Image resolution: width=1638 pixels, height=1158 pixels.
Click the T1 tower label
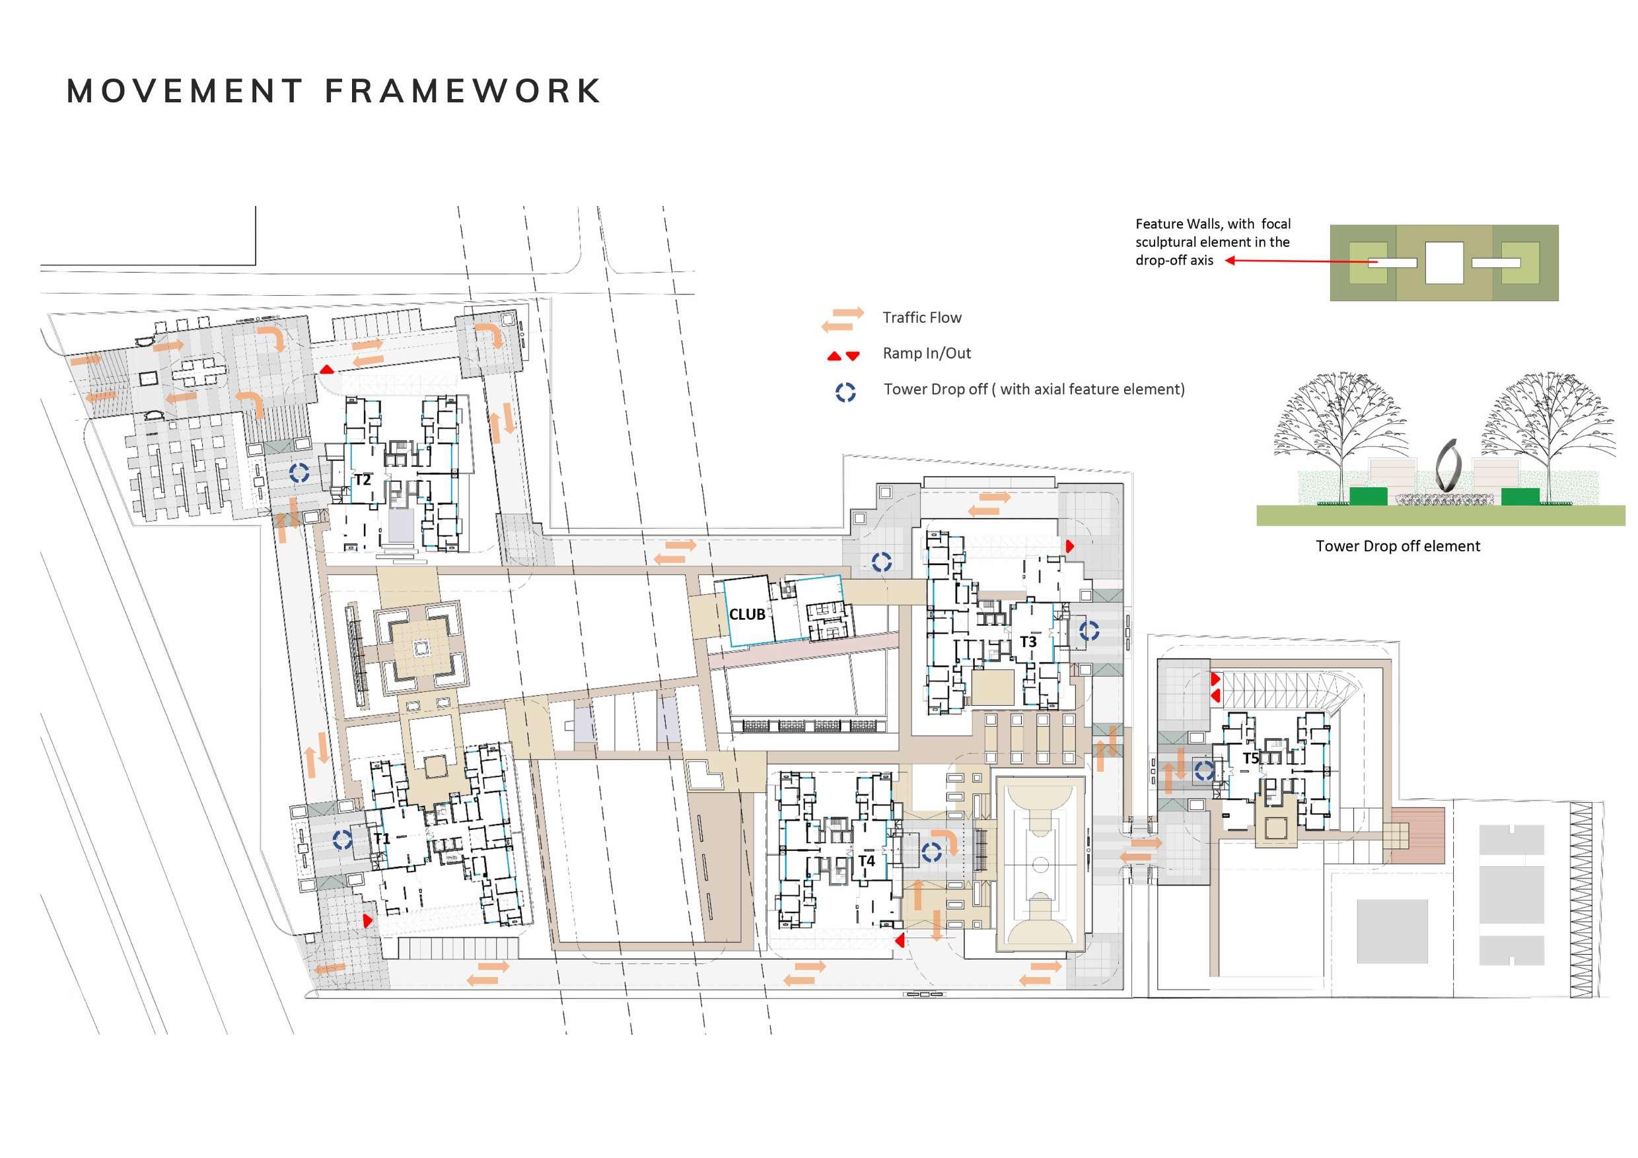point(382,838)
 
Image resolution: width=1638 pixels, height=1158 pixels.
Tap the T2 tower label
point(363,480)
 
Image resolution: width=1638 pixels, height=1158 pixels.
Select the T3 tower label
point(1028,642)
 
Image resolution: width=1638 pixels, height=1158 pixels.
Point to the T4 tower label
point(866,861)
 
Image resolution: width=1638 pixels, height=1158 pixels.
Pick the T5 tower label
point(1250,758)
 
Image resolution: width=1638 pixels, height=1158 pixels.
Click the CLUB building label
point(747,614)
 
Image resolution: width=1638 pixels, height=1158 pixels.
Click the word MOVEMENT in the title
point(185,91)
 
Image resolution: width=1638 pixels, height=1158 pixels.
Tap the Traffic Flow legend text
point(922,318)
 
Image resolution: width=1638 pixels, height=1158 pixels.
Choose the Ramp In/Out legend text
point(927,354)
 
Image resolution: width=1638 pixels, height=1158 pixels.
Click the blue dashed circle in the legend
point(845,392)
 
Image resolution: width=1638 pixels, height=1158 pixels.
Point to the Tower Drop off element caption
point(1398,546)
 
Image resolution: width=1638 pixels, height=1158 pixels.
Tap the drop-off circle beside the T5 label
point(1205,770)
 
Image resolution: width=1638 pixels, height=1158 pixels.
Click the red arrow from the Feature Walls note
point(1299,261)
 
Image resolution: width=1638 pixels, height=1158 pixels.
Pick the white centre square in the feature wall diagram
point(1444,262)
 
